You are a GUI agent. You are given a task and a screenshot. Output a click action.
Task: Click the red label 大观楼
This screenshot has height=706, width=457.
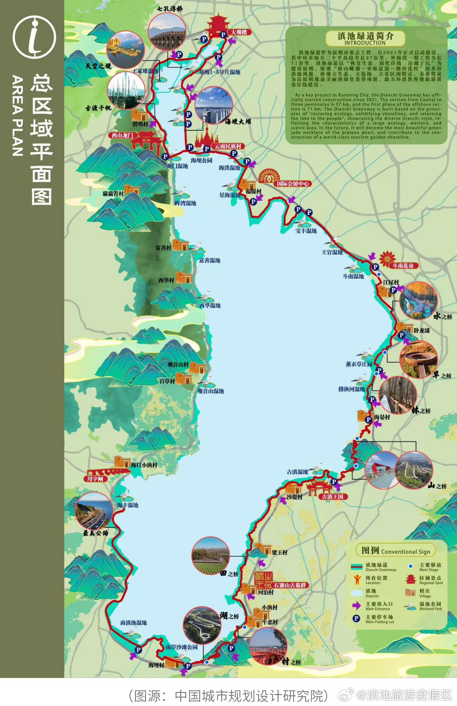coord(239,32)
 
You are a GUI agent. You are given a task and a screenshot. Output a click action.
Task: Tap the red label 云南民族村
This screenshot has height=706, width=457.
coord(228,146)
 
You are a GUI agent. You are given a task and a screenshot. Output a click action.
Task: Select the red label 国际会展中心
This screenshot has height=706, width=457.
coord(293,184)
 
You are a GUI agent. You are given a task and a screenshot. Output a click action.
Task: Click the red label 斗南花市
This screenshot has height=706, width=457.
coord(402,266)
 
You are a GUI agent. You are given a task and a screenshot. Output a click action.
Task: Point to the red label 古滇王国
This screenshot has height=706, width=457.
coord(332,497)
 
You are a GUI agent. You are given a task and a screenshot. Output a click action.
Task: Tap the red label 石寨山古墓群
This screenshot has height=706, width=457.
coord(290,585)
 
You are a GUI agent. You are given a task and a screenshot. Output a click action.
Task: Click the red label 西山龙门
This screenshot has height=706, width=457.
coord(122,135)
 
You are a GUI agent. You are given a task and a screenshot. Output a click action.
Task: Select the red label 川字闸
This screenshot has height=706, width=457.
coord(95,479)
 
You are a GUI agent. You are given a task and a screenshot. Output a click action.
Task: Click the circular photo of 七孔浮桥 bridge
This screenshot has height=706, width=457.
coord(167,32)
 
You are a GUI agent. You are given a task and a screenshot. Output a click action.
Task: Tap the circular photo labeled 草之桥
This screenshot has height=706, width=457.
coord(418,358)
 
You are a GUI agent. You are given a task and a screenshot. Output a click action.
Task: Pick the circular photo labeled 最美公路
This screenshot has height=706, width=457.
coord(94,510)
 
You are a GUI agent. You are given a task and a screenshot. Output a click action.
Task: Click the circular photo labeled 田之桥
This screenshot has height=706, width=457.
coord(210,555)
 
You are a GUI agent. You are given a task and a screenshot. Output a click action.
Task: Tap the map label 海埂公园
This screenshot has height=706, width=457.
coord(201,161)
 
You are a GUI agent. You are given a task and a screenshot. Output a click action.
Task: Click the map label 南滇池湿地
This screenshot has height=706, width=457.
coord(133,623)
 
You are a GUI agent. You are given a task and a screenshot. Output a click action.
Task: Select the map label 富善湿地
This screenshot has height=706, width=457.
coord(209,260)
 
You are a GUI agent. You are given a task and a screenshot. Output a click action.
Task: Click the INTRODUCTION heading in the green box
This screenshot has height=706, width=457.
coord(365,43)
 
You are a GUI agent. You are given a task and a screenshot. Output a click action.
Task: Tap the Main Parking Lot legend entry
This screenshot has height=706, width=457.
coord(380,619)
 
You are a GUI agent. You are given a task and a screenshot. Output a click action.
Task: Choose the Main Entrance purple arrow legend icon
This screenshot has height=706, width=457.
coord(357,606)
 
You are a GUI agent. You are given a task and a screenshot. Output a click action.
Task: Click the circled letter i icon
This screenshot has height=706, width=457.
coord(34,37)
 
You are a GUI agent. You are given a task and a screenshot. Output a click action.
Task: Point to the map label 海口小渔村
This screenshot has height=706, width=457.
coord(144,465)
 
